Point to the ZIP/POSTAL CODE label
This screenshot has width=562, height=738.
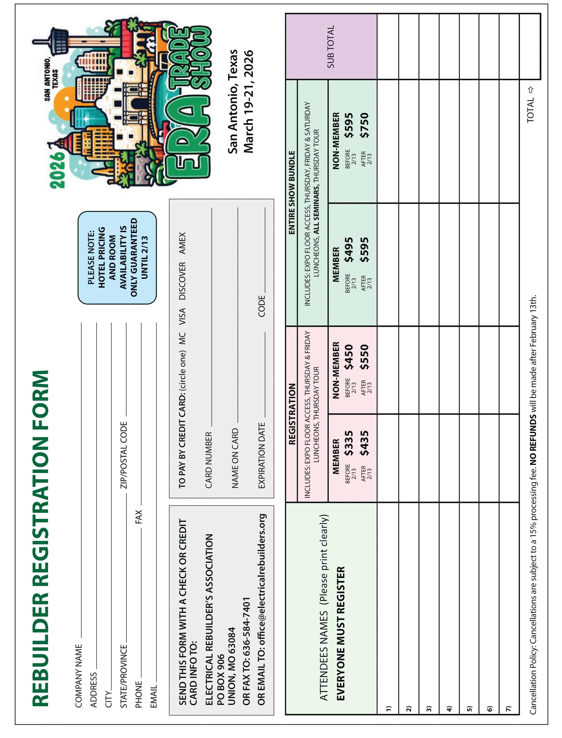[124, 455]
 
